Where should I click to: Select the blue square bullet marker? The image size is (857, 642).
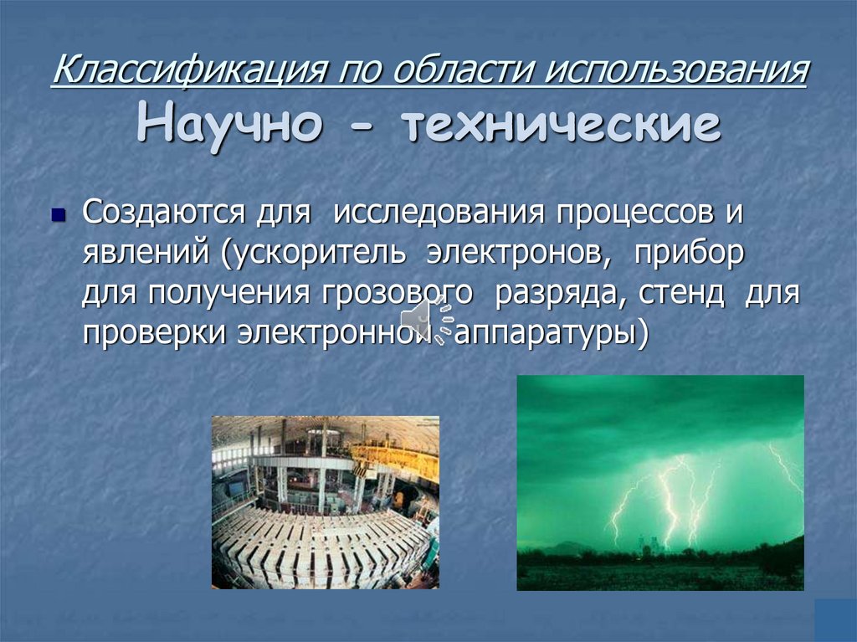58,216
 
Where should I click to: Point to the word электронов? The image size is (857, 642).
519,254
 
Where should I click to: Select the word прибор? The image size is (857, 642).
689,254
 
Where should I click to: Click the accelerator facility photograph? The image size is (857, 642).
325,502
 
